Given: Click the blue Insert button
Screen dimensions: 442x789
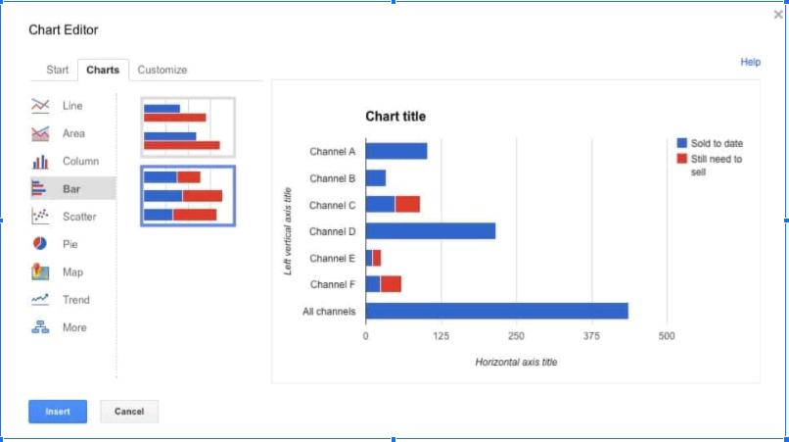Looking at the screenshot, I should click(58, 412).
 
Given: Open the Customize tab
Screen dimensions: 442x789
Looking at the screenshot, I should click(162, 70).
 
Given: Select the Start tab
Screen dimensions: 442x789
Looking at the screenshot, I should click(58, 70).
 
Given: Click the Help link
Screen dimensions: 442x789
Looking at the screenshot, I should click(750, 62).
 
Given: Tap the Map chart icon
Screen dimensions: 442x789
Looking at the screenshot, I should click(41, 271).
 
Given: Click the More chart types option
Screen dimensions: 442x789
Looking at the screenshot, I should click(74, 327).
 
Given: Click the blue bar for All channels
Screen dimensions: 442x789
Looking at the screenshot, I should click(496, 311).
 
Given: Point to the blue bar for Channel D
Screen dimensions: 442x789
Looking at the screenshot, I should click(431, 231).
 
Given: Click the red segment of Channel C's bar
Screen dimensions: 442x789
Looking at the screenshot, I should click(407, 204).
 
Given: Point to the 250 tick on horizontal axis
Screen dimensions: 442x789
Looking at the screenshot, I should click(516, 336).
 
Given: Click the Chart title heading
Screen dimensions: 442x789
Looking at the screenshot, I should click(395, 117).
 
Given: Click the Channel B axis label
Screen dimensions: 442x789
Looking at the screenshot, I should click(332, 178).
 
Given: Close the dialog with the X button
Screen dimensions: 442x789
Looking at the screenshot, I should click(778, 15).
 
